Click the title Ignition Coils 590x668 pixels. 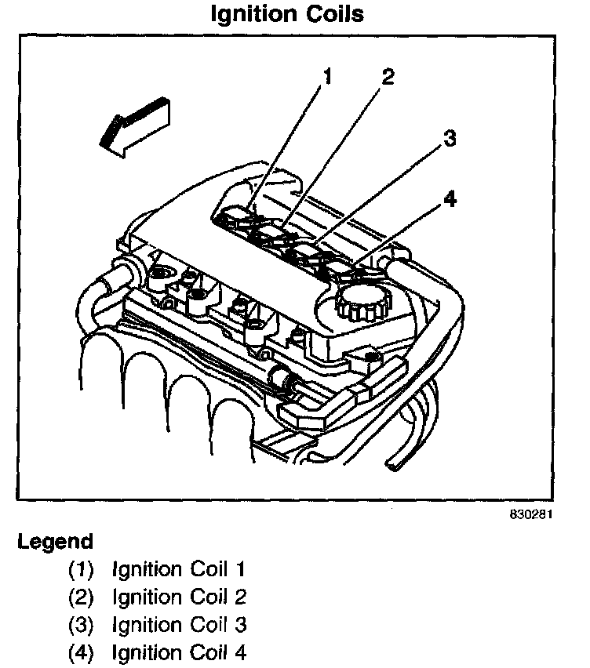288,14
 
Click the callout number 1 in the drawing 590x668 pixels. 326,77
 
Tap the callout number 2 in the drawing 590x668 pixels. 387,77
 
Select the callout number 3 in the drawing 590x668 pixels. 450,139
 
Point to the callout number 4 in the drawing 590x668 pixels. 450,199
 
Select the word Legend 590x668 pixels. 55,542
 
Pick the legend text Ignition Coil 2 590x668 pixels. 180,597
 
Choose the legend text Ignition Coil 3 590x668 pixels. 180,626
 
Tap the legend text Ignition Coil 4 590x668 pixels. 180,653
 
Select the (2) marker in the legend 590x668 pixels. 82,597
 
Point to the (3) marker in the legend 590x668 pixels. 82,626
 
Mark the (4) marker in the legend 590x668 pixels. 82,653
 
